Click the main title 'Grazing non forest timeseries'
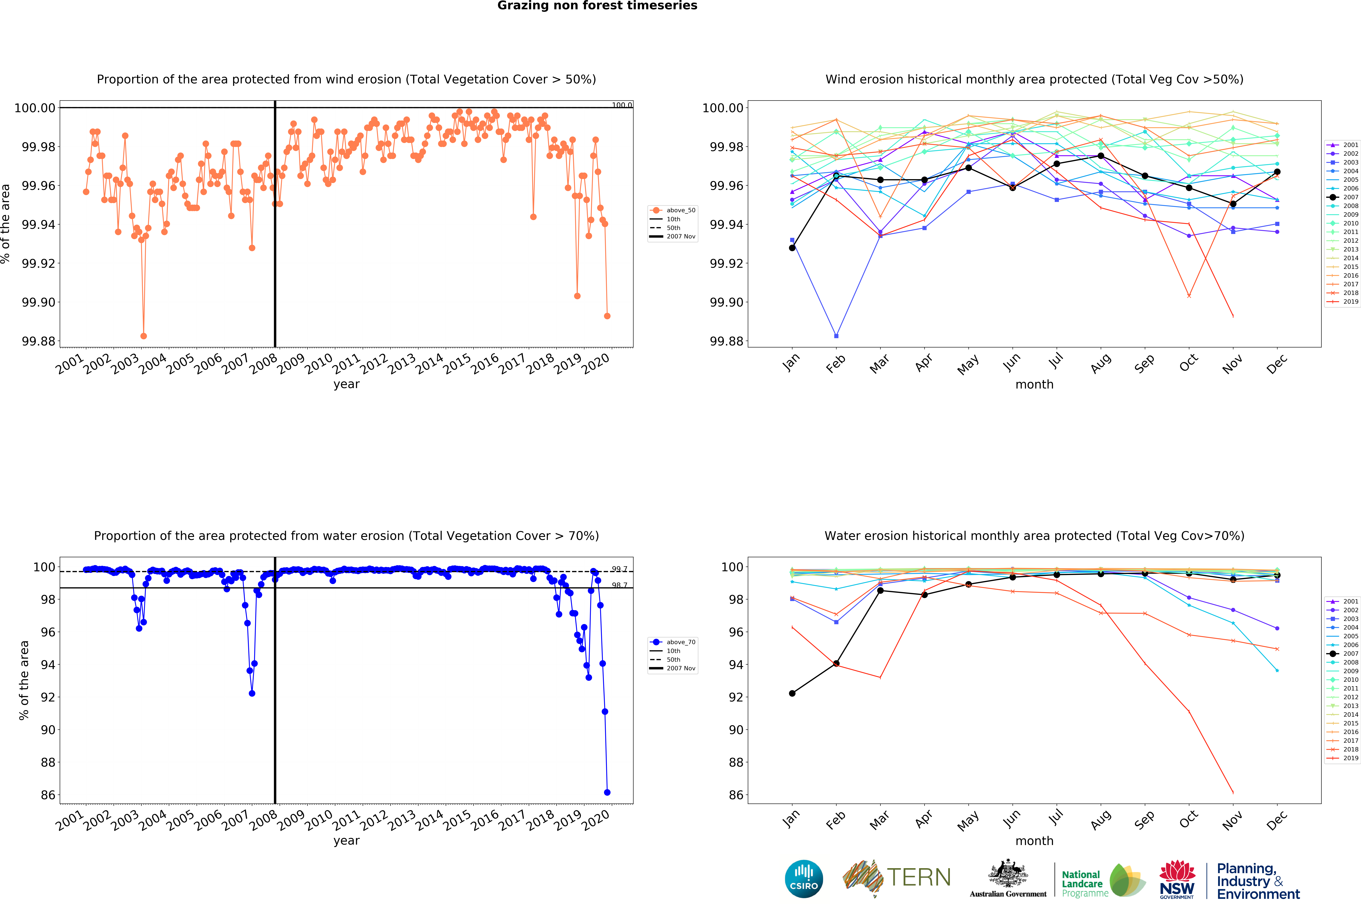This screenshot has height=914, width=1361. click(x=597, y=6)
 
